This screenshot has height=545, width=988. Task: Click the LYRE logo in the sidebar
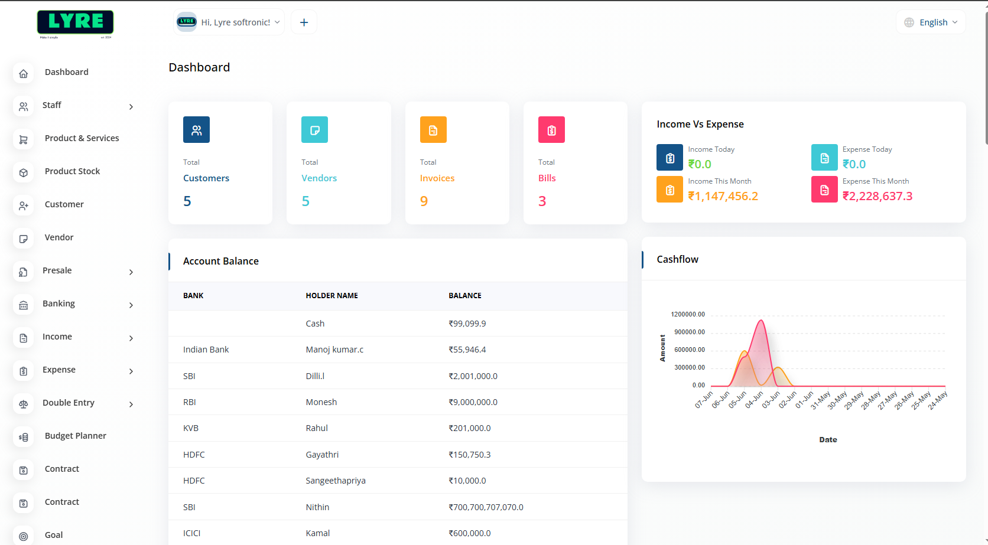[x=75, y=24]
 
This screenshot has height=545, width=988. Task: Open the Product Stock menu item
[x=72, y=171]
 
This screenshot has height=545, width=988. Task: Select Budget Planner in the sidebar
[x=75, y=436]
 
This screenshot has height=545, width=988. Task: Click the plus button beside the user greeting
[x=304, y=22]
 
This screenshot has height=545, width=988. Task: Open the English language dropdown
[x=931, y=22]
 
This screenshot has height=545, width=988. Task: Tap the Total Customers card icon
[x=196, y=130]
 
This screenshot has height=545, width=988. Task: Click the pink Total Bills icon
[x=551, y=130]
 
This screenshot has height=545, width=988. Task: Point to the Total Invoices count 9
[x=424, y=201]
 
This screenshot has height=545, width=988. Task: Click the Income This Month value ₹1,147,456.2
[x=723, y=196]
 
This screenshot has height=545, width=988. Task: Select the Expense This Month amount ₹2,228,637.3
[x=877, y=196]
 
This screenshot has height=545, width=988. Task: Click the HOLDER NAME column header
[x=331, y=296]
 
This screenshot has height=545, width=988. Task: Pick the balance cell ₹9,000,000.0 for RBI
[x=473, y=402]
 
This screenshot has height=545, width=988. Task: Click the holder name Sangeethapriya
[x=335, y=481]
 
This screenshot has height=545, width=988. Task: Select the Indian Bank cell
[x=206, y=350]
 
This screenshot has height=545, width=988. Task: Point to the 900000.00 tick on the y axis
[x=690, y=332]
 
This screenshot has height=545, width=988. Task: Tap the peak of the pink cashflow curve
[x=761, y=321]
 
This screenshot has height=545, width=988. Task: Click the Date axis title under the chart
[x=828, y=440]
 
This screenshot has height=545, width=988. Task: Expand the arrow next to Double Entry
[x=131, y=404]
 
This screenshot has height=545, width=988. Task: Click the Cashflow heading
[x=677, y=259]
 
